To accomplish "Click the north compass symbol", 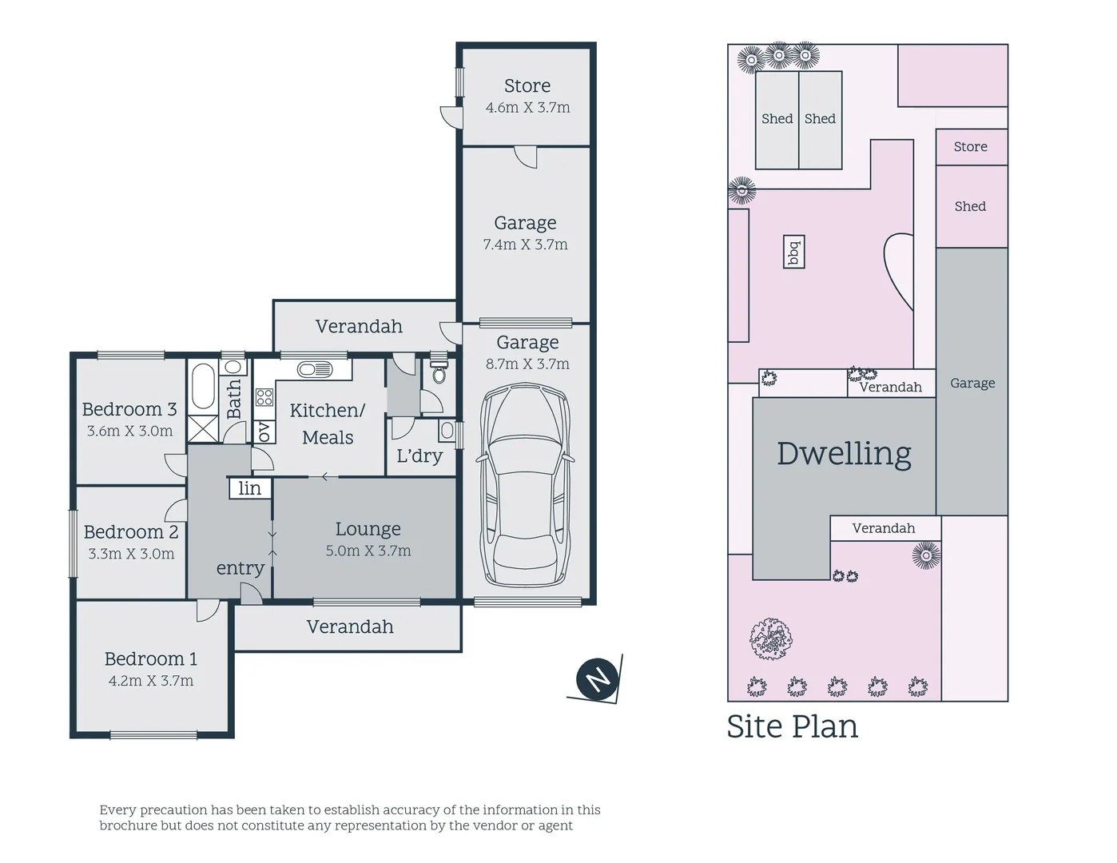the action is [597, 678].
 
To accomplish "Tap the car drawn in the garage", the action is [525, 485].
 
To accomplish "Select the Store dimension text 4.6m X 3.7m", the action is [527, 107].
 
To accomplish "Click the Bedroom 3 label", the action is [129, 409].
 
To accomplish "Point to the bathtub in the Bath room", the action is [204, 387].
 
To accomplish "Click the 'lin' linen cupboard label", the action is [250, 487].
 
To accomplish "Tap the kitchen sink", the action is [315, 369].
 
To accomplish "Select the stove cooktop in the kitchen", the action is [264, 397].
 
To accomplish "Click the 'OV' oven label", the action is [264, 431].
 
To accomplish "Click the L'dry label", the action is [419, 456].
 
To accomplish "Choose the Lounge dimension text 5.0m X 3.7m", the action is [368, 551].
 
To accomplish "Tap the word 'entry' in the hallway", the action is [240, 568].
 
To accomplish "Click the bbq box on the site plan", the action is [793, 252].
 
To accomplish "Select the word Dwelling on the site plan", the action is [844, 455].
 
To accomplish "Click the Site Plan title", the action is [792, 727].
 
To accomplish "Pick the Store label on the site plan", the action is [971, 146].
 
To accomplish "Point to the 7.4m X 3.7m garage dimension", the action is [526, 245].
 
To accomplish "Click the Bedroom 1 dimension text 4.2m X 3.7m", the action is [151, 681].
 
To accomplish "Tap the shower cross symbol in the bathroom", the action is [203, 428].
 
